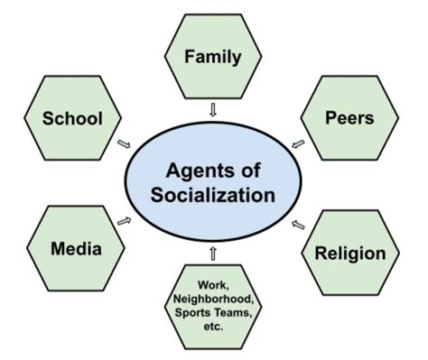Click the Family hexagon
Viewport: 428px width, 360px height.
point(213,58)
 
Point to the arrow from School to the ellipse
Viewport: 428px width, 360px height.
point(123,143)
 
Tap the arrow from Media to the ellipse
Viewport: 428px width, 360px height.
point(124,219)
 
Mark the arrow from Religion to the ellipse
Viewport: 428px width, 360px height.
point(298,219)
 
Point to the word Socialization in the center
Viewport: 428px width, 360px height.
point(213,193)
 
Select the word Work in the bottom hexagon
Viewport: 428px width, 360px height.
point(213,283)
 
